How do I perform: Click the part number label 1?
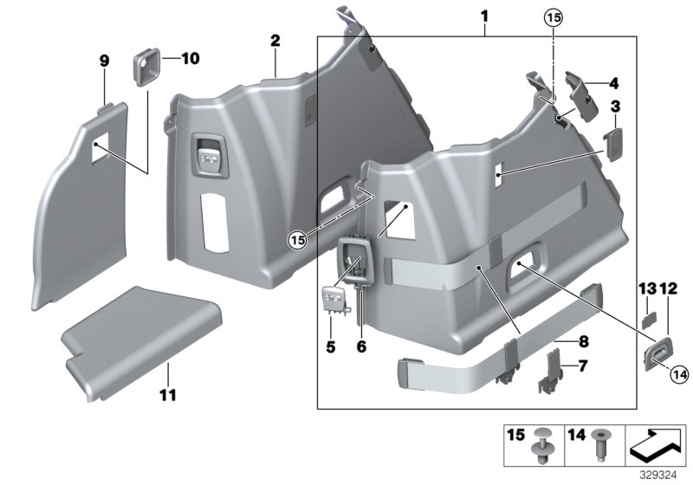[x=485, y=17]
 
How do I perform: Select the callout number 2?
[x=275, y=41]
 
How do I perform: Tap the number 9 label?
[x=104, y=60]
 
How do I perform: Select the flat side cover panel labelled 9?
[x=82, y=199]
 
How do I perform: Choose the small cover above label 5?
[x=334, y=300]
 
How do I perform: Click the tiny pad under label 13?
[x=648, y=317]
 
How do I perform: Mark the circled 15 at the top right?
[x=553, y=17]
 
